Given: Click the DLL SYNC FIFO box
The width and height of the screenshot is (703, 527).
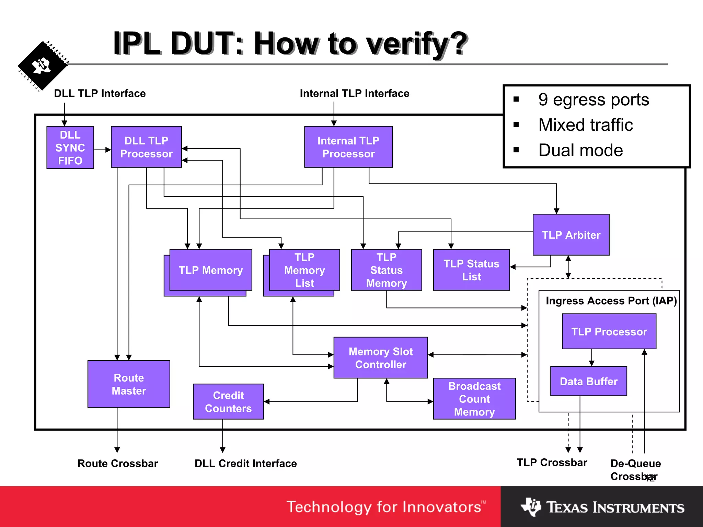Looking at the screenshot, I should tap(70, 148).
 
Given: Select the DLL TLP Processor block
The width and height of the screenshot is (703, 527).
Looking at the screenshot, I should tap(146, 147).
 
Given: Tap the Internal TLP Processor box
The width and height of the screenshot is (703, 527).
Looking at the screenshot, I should tap(348, 147).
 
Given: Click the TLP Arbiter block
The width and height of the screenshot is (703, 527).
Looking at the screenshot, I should tap(571, 235).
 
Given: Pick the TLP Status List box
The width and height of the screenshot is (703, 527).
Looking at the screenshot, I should tap(471, 270).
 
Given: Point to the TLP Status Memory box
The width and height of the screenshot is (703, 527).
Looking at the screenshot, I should tap(386, 270).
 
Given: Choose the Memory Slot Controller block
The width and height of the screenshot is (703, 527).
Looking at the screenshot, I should tap(380, 358).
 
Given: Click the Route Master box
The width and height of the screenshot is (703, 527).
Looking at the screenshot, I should tap(129, 384).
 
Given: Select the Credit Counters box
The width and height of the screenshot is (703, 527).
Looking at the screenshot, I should tap(228, 401).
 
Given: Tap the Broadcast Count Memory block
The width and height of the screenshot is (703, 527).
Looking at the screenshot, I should tap(474, 399).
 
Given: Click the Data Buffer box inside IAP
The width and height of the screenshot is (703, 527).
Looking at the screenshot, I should tap(588, 381).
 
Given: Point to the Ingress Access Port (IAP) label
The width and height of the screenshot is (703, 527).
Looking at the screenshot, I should tap(611, 301).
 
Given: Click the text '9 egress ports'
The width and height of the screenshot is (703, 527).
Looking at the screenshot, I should tap(593, 100).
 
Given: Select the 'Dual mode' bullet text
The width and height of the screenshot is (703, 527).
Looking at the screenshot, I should tap(580, 150).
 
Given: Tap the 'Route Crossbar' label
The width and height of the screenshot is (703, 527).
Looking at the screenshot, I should tap(118, 463).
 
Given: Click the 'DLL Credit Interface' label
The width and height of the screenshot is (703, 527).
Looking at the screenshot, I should tap(245, 463).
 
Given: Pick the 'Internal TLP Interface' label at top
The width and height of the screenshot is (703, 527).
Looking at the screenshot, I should tap(354, 93).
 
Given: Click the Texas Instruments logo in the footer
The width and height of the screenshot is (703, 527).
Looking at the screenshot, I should tap(602, 507).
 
